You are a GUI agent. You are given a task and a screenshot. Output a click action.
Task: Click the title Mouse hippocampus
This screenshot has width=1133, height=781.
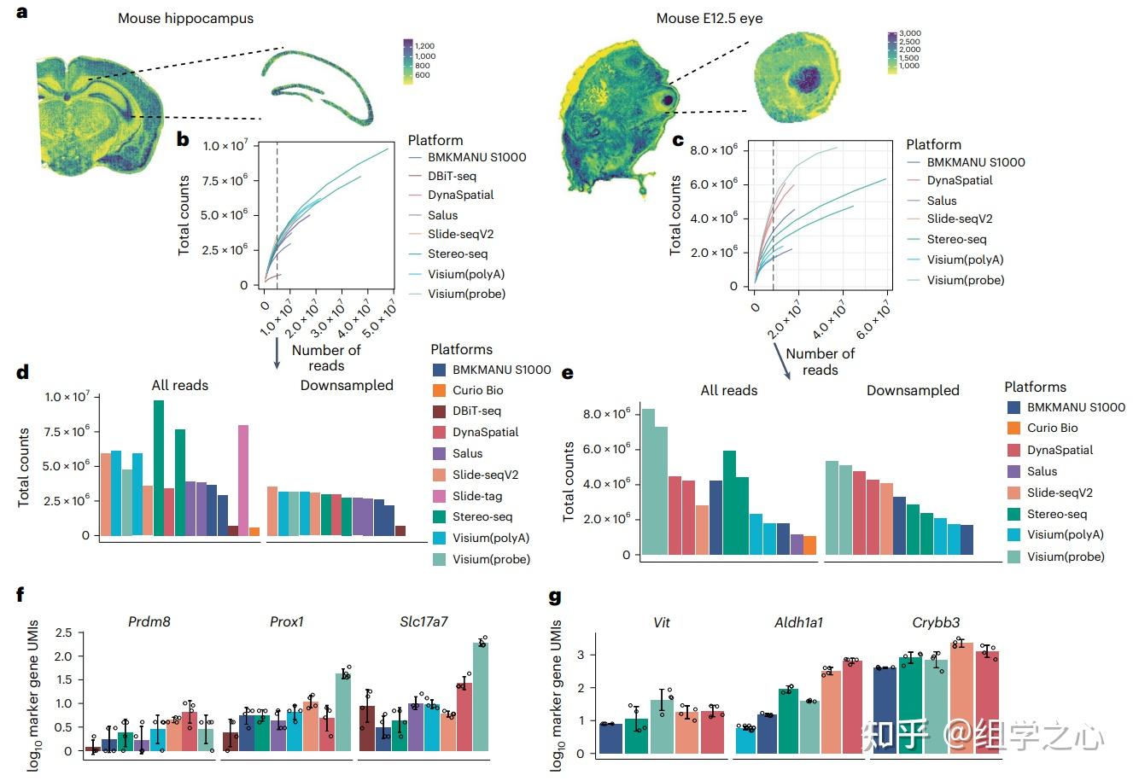pyautogui.click(x=185, y=18)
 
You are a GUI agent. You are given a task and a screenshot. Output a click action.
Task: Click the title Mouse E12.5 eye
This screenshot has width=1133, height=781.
pyautogui.click(x=709, y=18)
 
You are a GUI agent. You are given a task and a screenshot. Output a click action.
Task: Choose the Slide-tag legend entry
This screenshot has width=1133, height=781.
pyautogui.click(x=476, y=496)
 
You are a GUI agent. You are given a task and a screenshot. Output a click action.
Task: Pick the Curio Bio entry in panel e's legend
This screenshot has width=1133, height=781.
pyautogui.click(x=1052, y=428)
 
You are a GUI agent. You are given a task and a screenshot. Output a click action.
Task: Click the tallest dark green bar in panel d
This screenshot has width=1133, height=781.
pyautogui.click(x=159, y=468)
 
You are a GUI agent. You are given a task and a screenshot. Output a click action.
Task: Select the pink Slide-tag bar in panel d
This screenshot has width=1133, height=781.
pyautogui.click(x=243, y=480)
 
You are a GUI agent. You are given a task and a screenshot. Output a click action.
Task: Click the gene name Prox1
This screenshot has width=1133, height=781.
pyautogui.click(x=286, y=621)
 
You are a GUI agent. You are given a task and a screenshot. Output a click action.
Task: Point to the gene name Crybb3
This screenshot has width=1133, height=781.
pyautogui.click(x=936, y=622)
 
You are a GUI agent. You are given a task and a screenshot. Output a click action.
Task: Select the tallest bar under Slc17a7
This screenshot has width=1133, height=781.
pyautogui.click(x=482, y=696)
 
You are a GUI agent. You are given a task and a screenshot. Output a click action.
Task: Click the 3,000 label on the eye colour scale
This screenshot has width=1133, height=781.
pyautogui.click(x=909, y=34)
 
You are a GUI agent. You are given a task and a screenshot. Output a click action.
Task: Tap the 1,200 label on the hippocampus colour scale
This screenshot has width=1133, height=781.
pyautogui.click(x=424, y=46)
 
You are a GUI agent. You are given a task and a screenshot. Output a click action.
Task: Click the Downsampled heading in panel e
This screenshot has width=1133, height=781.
pyautogui.click(x=913, y=390)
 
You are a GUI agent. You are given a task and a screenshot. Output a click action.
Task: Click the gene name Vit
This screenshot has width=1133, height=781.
pyautogui.click(x=661, y=622)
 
